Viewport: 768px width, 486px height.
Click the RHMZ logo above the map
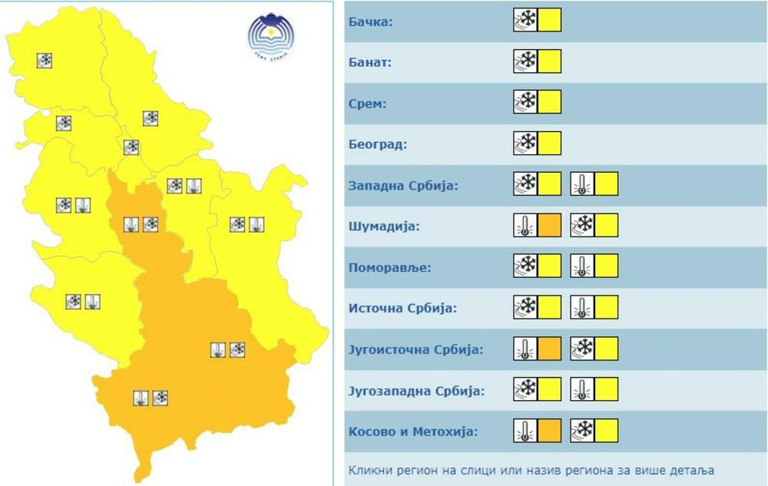click(271, 35)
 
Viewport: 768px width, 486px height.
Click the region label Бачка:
click(370, 21)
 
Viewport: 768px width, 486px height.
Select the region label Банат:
click(370, 61)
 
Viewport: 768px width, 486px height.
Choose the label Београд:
click(377, 144)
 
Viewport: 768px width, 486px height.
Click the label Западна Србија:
click(403, 186)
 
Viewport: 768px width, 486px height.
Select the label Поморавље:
click(389, 268)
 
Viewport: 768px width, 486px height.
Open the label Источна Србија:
click(402, 309)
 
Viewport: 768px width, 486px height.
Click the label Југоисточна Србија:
click(415, 349)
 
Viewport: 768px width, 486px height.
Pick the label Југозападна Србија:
click(416, 391)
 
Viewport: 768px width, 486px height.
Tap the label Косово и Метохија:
click(412, 431)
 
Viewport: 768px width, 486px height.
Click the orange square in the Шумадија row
click(549, 226)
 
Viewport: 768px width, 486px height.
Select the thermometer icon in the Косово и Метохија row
click(525, 431)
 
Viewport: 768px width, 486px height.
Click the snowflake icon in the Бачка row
click(525, 20)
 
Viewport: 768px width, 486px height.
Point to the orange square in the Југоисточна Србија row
click(549, 349)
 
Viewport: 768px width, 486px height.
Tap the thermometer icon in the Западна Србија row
click(582, 184)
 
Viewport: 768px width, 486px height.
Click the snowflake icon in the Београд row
click(525, 144)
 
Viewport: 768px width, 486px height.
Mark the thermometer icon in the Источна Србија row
click(582, 308)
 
